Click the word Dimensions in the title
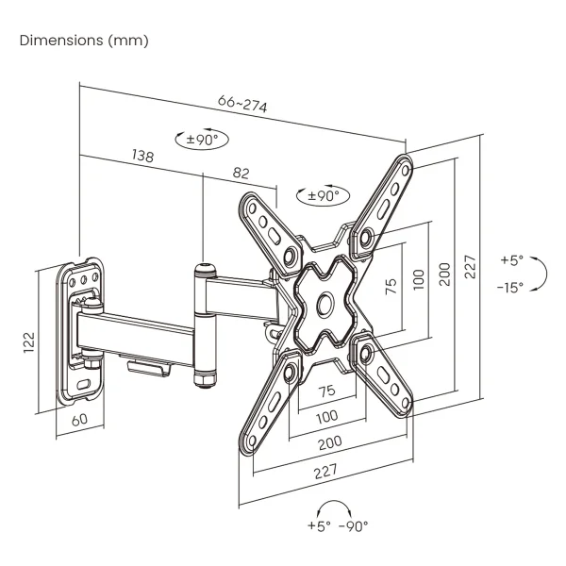click(x=58, y=41)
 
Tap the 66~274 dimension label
click(x=241, y=104)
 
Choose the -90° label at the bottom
click(x=353, y=526)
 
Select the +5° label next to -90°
click(x=319, y=526)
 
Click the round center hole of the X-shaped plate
click(x=324, y=304)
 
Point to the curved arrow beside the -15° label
click(x=541, y=274)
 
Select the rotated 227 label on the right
click(x=470, y=271)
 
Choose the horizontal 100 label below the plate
click(x=326, y=416)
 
